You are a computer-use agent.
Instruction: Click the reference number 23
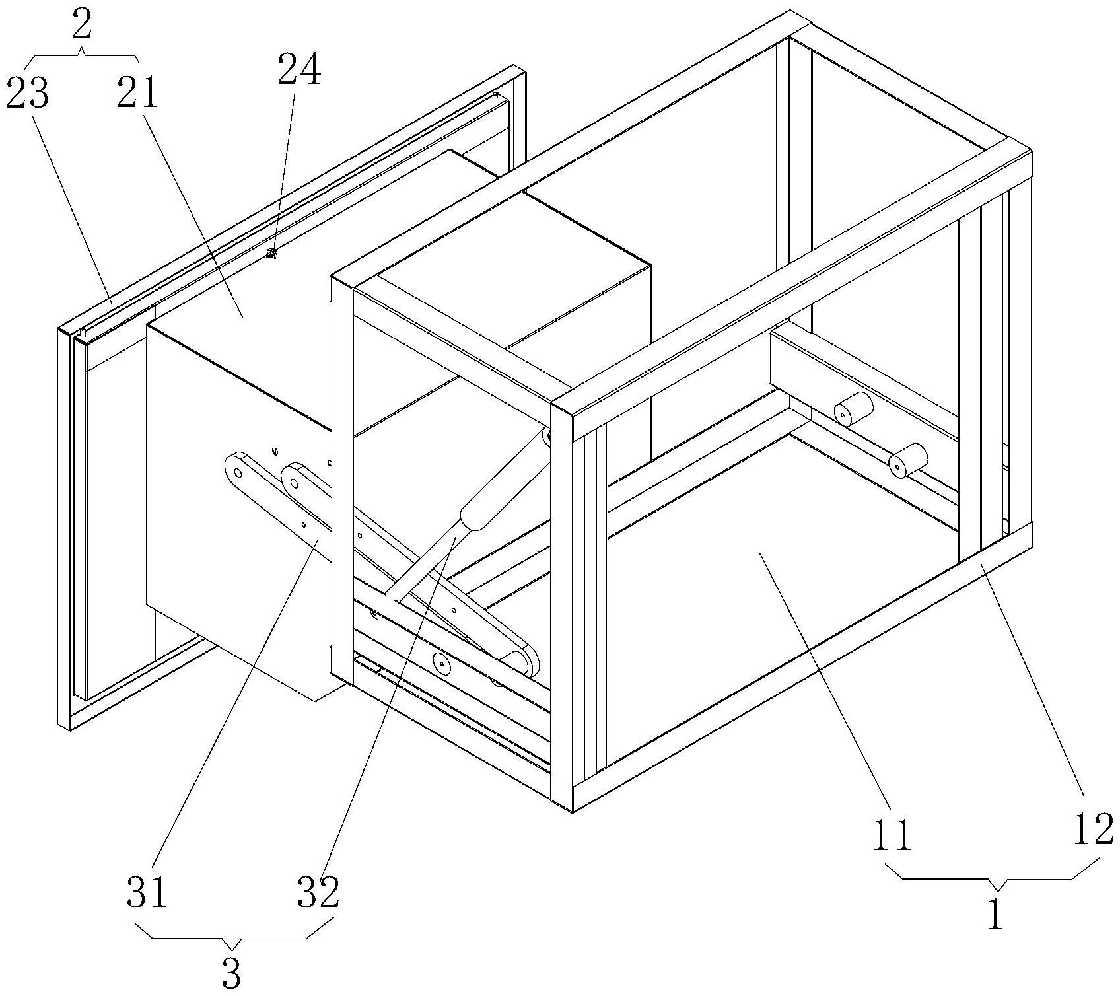[28, 94]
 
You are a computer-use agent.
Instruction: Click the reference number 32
[318, 893]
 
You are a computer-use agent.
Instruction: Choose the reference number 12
[1092, 830]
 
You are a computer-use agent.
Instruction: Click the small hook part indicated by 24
[270, 254]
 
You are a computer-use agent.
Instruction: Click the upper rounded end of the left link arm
[235, 465]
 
